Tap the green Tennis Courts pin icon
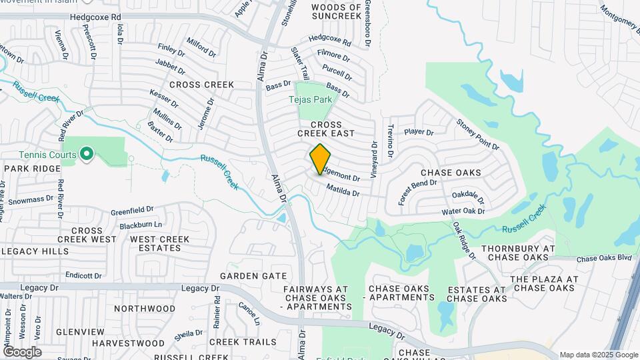click(x=86, y=155)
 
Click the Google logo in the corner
click(x=22, y=352)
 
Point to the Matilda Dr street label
click(x=343, y=191)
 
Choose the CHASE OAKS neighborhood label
click(x=451, y=173)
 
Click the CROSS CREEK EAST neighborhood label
click(x=326, y=129)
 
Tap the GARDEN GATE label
click(x=253, y=275)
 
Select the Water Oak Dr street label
click(x=463, y=211)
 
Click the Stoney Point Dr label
click(x=477, y=133)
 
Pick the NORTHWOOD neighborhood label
click(x=145, y=309)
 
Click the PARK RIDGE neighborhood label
click(x=33, y=169)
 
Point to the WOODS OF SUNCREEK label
click(x=337, y=12)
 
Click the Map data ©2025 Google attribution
click(x=598, y=355)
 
